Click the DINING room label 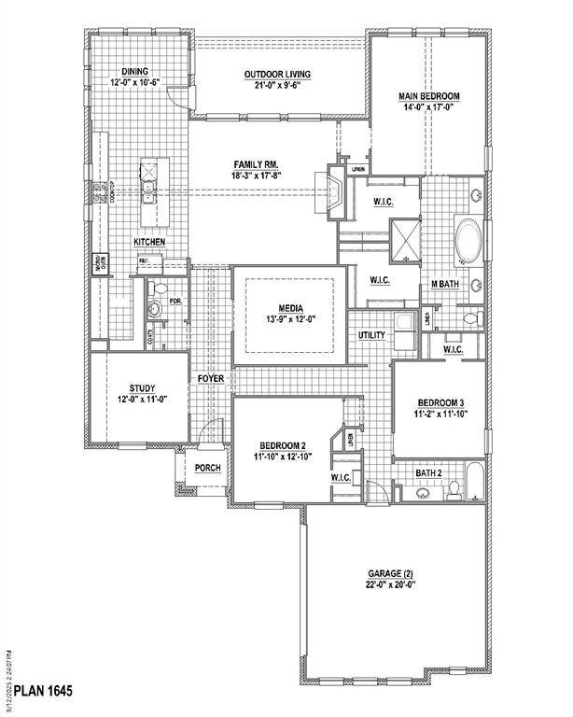tap(136, 70)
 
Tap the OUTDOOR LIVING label tap(277, 75)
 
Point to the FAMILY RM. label tap(257, 163)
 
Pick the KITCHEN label tap(149, 242)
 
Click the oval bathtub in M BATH tap(466, 241)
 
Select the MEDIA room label tap(288, 308)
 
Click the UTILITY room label tap(371, 335)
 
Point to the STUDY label tap(142, 388)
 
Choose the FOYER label tap(210, 378)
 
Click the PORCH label tap(207, 467)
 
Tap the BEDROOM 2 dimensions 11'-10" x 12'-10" tap(281, 457)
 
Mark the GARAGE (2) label tap(389, 573)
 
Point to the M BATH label tap(443, 284)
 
